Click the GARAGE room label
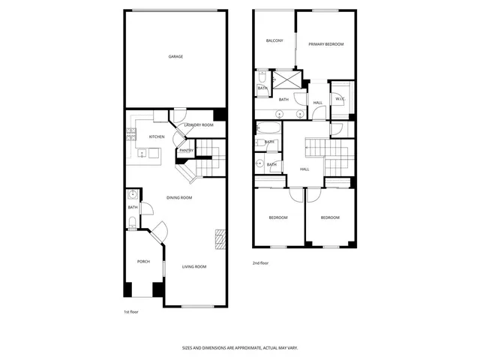click(175, 56)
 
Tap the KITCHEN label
click(157, 136)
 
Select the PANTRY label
click(186, 150)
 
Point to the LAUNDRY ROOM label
click(199, 124)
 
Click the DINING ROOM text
click(180, 197)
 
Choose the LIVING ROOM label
click(194, 266)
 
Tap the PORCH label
click(143, 261)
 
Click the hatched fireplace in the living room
click(219, 238)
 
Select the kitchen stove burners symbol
click(131, 135)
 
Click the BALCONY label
click(274, 40)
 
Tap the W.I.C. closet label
click(340, 98)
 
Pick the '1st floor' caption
click(131, 311)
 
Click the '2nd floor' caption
click(260, 263)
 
